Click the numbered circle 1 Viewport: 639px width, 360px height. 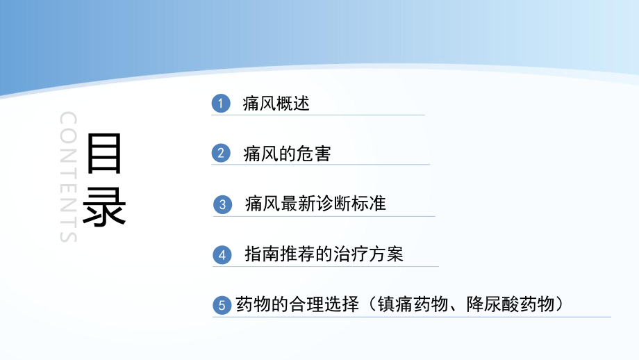221,104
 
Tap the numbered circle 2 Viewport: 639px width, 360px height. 221,154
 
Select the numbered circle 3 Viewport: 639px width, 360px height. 222,204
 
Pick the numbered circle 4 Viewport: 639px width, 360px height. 222,255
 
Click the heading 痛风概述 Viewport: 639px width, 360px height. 276,104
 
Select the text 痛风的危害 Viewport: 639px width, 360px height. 287,154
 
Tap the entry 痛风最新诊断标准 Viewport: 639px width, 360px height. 315,204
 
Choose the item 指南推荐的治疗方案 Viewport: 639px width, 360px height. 324,254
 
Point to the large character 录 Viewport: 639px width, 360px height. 104,204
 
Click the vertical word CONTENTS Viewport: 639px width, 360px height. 67,177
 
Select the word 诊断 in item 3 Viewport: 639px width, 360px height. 332,204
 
